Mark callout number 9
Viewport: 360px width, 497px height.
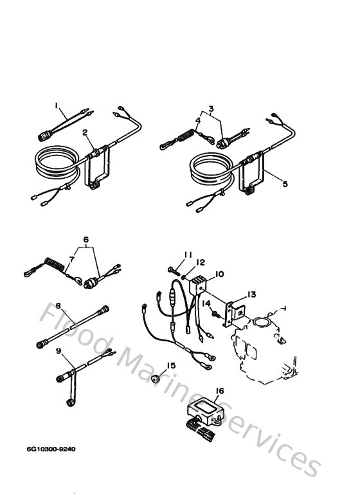click(x=59, y=350)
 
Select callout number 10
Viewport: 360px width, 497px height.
click(x=220, y=274)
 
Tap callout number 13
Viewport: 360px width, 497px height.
click(x=251, y=294)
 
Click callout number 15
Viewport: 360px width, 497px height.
click(x=170, y=366)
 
